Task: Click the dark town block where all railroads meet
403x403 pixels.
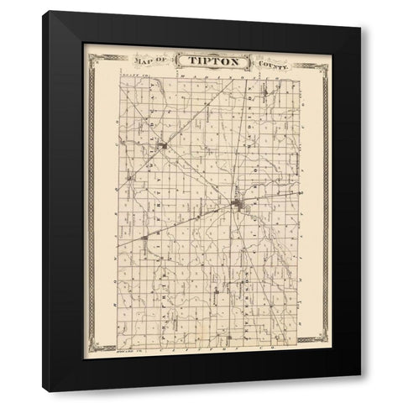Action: pos(238,204)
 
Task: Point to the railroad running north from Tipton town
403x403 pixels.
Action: pos(245,143)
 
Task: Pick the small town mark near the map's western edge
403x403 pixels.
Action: pos(130,178)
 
